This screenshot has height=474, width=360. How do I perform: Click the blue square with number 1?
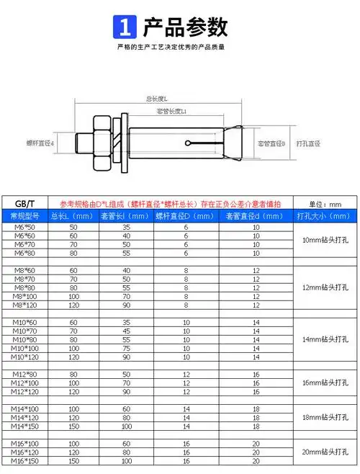[x=125, y=28]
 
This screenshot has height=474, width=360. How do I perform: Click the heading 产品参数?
[x=185, y=27]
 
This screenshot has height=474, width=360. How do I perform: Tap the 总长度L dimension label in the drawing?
[x=157, y=99]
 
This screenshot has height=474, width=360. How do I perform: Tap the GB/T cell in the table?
[x=26, y=203]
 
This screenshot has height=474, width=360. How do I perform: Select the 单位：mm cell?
[x=323, y=203]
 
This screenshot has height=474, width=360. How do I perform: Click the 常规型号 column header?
[x=26, y=215]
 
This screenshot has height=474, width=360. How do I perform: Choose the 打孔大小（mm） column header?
[x=323, y=215]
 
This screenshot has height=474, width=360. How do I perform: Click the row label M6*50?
[x=24, y=228]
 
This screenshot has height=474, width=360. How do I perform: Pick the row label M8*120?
[x=24, y=305]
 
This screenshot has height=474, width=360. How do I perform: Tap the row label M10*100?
[x=24, y=348]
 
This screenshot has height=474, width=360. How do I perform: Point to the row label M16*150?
[x=24, y=460]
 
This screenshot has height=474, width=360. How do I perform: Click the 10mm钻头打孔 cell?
[x=323, y=241]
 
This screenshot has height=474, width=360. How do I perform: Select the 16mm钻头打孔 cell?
[x=323, y=383]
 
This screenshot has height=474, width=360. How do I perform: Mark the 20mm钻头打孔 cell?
[x=323, y=452]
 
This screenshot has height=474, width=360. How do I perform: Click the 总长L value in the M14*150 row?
[x=73, y=426]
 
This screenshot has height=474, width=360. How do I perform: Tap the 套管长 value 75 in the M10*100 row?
[x=127, y=348]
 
